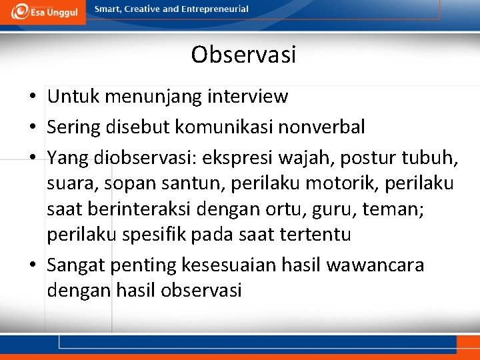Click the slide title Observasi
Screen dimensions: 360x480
243,55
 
